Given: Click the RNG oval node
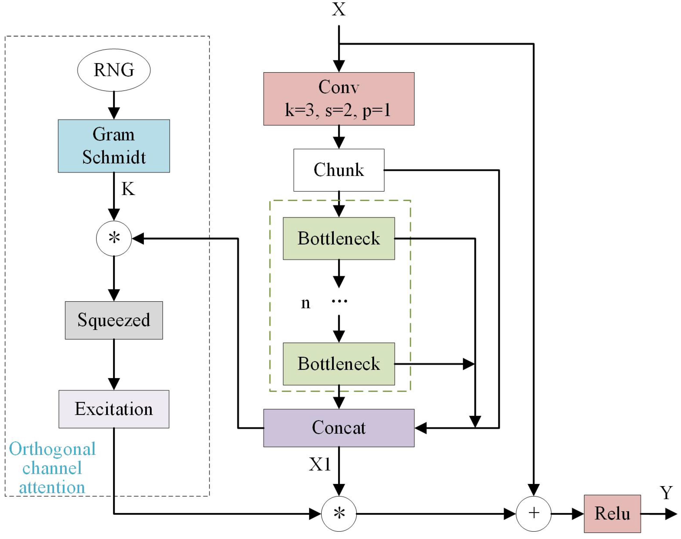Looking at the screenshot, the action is (x=114, y=70).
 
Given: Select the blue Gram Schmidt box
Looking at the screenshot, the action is (x=114, y=146).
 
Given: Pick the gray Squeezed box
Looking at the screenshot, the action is (x=114, y=320).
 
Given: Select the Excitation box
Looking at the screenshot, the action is (x=114, y=409).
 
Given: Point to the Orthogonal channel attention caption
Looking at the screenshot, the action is (x=52, y=468).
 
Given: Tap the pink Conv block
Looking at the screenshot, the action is (x=339, y=99).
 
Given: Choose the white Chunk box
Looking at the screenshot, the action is (x=339, y=170).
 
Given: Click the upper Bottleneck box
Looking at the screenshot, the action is (x=339, y=239).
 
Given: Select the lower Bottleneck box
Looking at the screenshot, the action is (x=339, y=364).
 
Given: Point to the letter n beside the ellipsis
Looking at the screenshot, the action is (x=305, y=303).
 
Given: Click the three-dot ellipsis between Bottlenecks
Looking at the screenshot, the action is (x=339, y=301).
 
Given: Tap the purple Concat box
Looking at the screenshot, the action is (x=339, y=428).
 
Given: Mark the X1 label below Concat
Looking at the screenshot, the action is (x=320, y=464).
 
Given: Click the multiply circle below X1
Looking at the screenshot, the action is (x=339, y=514).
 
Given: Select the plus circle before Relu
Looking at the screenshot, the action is (x=534, y=514).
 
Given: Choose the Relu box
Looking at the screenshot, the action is (x=612, y=514).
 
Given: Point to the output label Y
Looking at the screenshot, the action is (x=666, y=493).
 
